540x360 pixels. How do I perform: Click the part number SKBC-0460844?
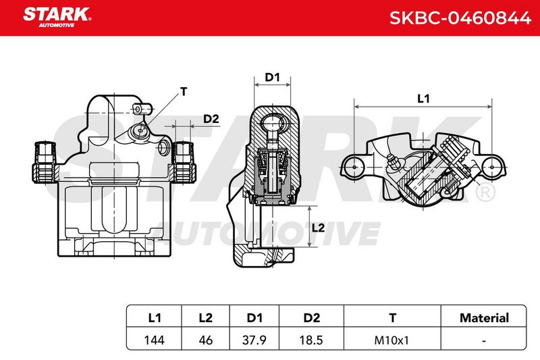pos(460,18)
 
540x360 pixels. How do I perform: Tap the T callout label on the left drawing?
pos(184,92)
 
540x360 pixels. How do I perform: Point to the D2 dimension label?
pos(211,119)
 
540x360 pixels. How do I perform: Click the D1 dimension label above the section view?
pos(272,78)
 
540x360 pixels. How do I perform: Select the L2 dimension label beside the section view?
pos(318,228)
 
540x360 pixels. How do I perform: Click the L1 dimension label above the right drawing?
pos(423,99)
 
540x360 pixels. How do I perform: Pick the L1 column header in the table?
pos(155,317)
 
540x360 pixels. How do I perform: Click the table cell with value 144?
pos(155,340)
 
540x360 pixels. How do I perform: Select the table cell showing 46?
pos(206,340)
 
